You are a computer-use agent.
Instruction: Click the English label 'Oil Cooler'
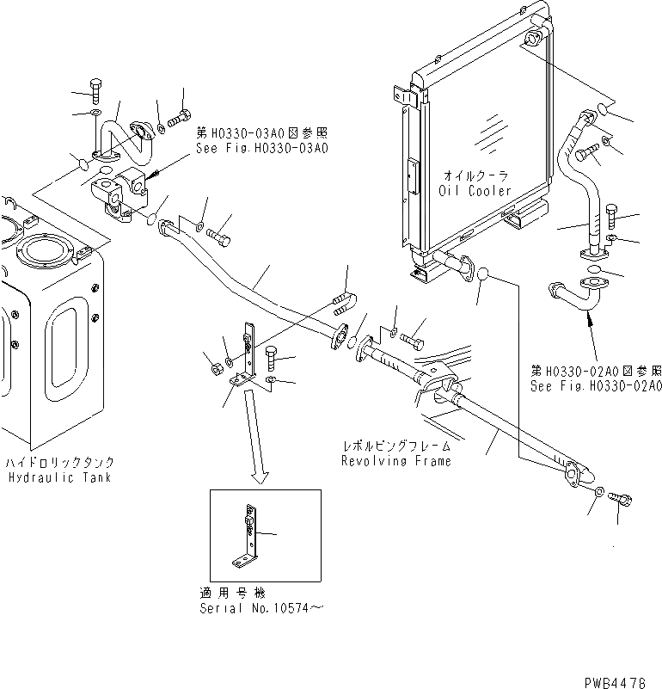coord(475,190)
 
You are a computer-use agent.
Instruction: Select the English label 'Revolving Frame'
coord(396,460)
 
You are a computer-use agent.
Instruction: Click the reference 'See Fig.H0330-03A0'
coord(261,147)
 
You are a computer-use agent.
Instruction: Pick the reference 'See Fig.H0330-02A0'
coord(595,386)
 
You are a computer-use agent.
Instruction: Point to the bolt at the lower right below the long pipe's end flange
coord(620,499)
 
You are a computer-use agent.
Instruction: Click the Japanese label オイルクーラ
coord(475,175)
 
